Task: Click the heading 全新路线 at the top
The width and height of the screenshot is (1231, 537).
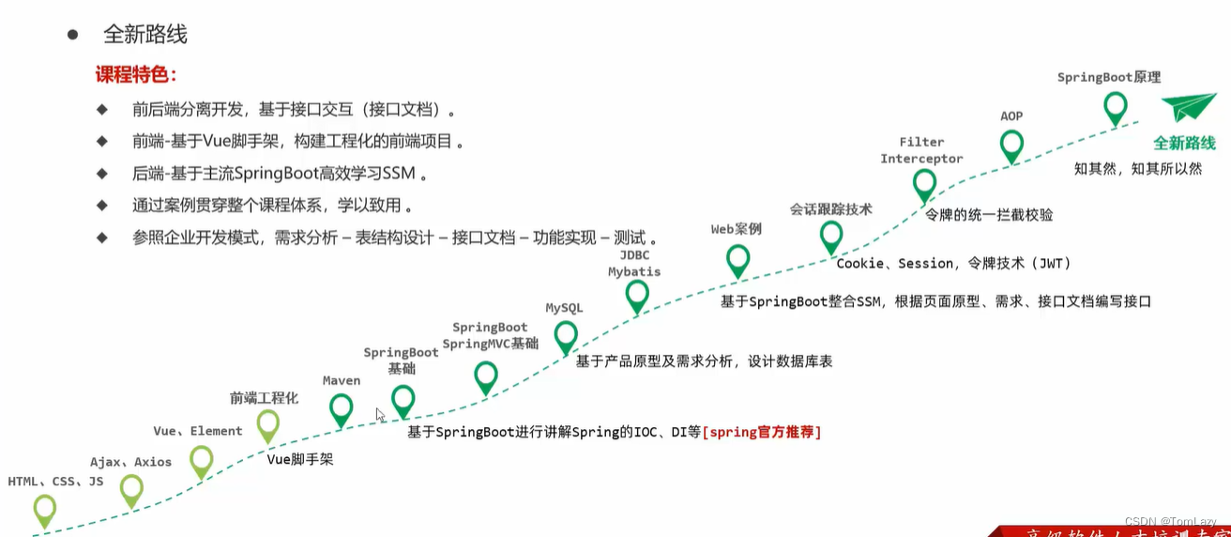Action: click(144, 35)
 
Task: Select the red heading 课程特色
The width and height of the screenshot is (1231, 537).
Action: click(136, 75)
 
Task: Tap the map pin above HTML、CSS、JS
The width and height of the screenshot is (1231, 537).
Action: click(45, 510)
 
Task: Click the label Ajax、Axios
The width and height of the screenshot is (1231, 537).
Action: click(130, 462)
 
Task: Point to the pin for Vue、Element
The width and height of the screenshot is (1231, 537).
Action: click(202, 461)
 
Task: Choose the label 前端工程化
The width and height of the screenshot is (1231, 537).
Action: click(264, 398)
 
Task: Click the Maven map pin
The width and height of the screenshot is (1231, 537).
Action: click(342, 409)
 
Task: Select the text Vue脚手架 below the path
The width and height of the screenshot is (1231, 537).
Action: click(300, 460)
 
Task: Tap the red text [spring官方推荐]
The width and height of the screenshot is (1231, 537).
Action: click(762, 432)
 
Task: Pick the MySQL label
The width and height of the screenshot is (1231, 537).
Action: click(564, 308)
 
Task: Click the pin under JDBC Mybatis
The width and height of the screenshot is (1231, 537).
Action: click(637, 295)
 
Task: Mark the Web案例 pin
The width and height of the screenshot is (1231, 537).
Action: click(738, 259)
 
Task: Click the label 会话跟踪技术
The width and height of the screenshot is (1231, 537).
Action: click(831, 208)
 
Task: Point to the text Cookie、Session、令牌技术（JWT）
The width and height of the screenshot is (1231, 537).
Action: click(953, 264)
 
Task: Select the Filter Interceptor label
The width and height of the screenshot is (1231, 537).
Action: click(921, 150)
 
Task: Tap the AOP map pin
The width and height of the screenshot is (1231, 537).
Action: click(1011, 146)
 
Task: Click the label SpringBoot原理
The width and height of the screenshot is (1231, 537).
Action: click(1109, 77)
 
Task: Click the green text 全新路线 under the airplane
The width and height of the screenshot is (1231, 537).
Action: click(1184, 144)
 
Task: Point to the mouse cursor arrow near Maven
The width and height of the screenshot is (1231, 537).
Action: click(380, 415)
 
